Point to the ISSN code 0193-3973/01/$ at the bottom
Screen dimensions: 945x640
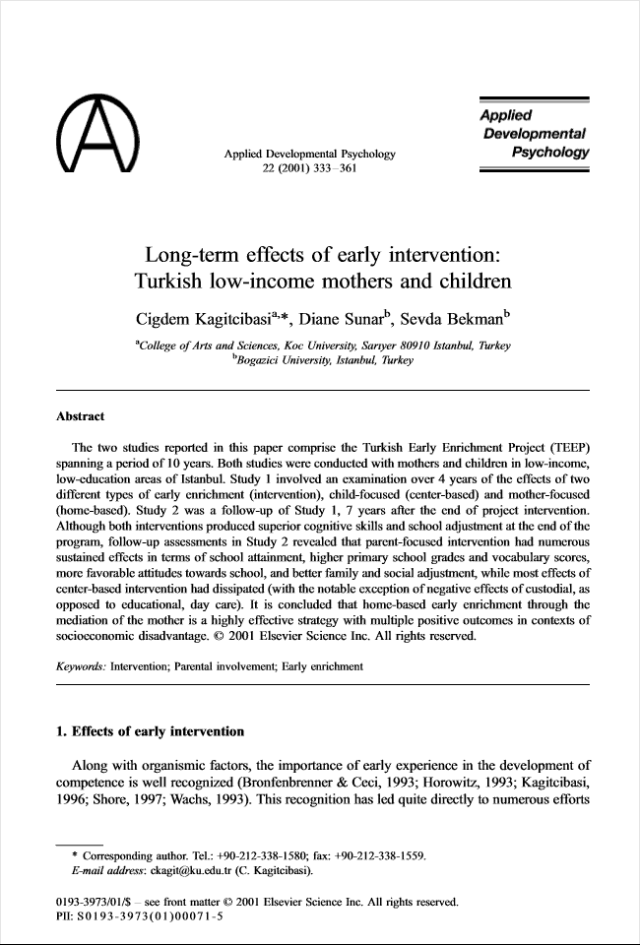(91, 900)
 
